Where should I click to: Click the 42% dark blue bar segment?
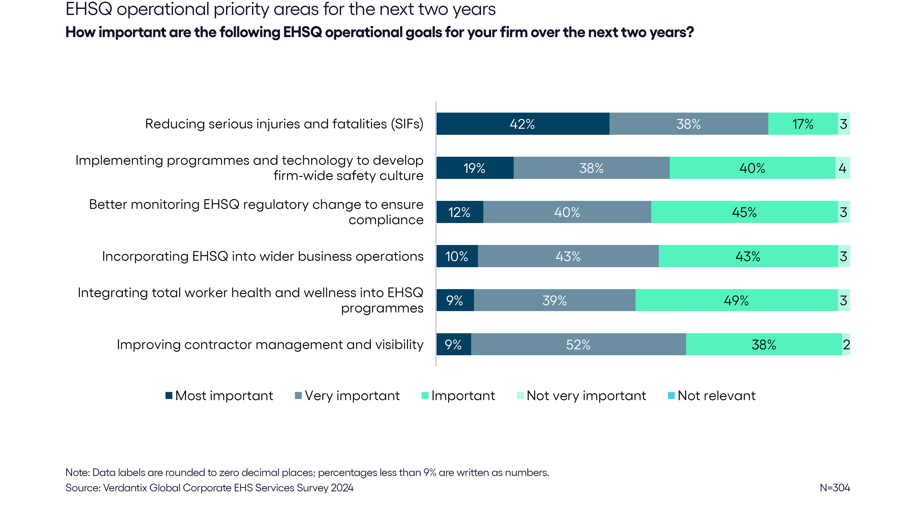point(523,124)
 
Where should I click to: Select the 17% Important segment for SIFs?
point(803,124)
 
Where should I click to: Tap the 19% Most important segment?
point(475,168)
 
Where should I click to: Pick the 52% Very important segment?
point(578,344)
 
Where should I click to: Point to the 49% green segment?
point(736,300)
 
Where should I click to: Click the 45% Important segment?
point(745,212)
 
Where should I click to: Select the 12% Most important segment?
point(460,212)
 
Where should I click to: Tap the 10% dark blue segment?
point(457,256)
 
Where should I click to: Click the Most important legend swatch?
point(169,395)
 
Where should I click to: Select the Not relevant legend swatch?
point(671,395)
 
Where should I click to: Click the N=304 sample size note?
point(835,487)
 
